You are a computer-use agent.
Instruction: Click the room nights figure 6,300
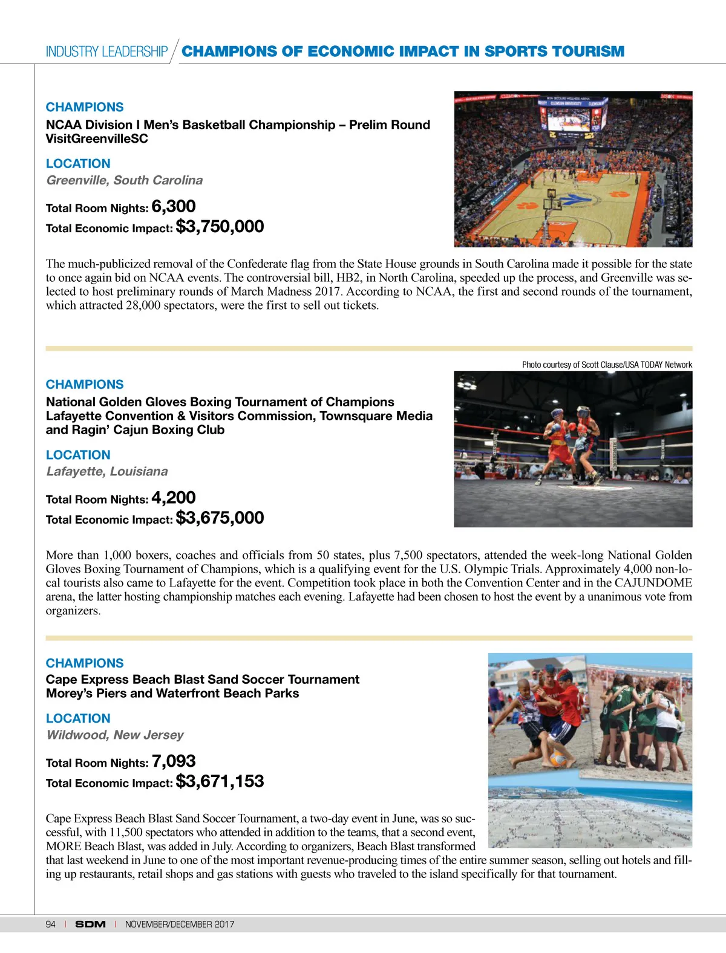click(174, 207)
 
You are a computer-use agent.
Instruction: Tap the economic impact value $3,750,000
click(220, 227)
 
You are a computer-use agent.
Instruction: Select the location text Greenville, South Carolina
click(125, 180)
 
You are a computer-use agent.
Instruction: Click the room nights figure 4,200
click(174, 498)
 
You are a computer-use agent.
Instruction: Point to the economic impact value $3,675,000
click(220, 518)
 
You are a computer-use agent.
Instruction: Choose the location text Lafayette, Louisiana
click(107, 472)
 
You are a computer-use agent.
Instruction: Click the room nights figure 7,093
click(174, 761)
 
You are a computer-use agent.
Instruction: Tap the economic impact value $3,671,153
click(220, 782)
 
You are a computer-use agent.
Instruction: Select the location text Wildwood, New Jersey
click(115, 735)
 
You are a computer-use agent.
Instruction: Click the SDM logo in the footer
click(90, 924)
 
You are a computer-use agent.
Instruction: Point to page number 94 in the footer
click(51, 924)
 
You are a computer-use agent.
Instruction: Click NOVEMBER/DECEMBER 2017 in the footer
click(180, 924)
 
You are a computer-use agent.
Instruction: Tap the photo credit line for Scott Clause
click(607, 365)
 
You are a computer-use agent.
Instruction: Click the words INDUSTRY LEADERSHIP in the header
click(106, 52)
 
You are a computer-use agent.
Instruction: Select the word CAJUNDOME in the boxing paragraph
click(653, 583)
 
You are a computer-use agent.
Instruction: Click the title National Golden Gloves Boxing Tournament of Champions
click(220, 402)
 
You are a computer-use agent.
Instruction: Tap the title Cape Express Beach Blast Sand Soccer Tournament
click(203, 680)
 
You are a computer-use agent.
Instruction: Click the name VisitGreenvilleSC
click(97, 138)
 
